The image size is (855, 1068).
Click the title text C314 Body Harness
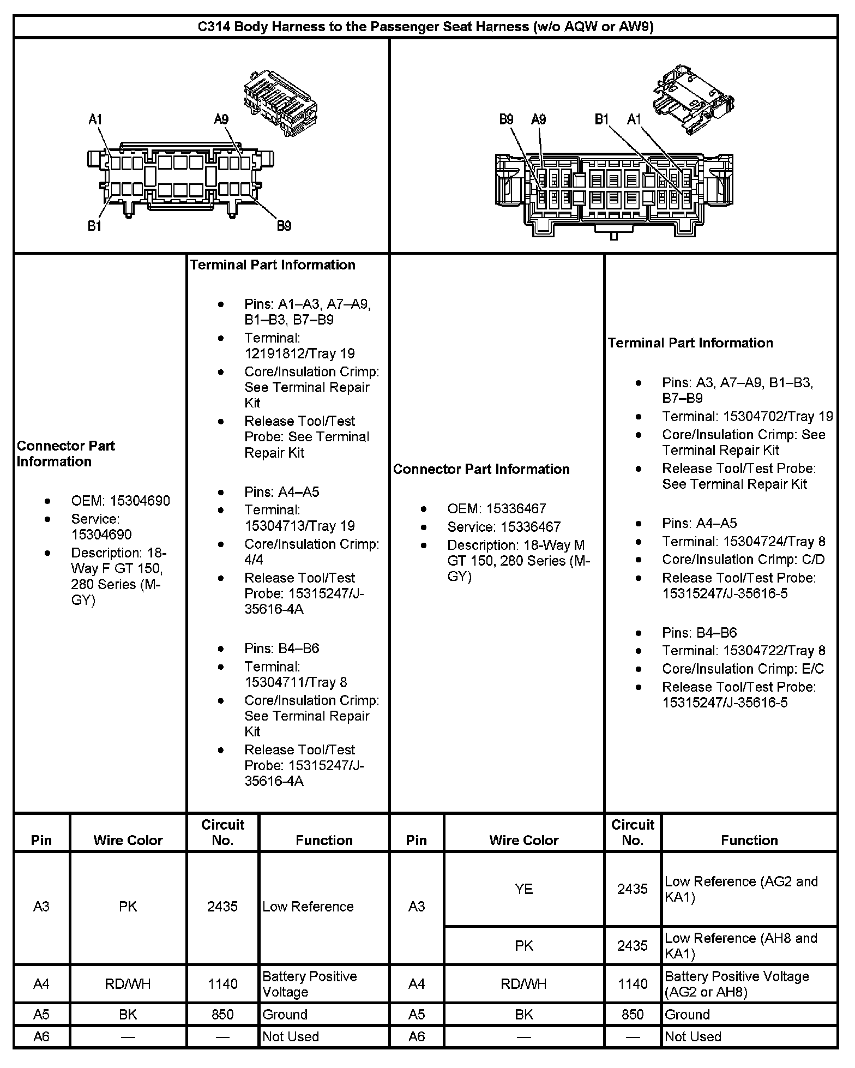pos(425,27)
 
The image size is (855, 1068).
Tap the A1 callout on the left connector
pos(95,119)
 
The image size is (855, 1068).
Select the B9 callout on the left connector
pos(284,225)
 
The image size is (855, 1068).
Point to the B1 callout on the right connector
pos(601,119)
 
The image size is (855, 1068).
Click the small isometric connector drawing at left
pos(279,103)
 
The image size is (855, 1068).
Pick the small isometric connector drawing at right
pos(692,98)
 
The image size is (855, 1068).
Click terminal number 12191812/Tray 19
pos(299,353)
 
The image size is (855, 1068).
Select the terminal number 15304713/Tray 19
pos(299,525)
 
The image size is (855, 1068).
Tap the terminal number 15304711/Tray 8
pos(296,682)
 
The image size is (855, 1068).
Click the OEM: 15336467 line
pos(496,508)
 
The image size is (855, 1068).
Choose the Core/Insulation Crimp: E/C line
pos(743,669)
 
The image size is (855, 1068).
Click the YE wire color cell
pos(523,889)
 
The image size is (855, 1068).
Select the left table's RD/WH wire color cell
pos(128,983)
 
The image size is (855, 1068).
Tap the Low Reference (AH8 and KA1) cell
pos(741,945)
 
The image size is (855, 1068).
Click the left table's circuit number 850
pos(222,1014)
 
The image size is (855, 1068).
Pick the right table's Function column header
pos(749,840)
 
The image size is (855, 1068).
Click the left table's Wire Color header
pos(128,840)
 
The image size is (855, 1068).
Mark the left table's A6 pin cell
pos(41,1036)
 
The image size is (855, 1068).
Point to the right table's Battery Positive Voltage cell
pos(737,983)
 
